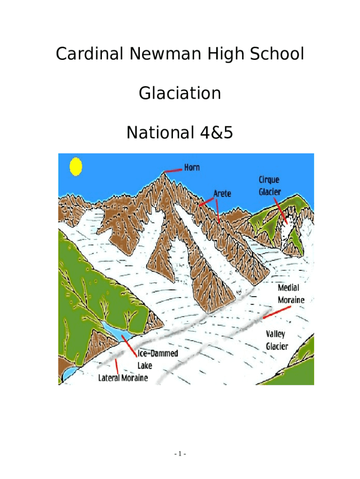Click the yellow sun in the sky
[75, 167]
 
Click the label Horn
[192, 167]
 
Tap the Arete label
[222, 193]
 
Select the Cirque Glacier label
[270, 186]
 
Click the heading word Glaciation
[180, 94]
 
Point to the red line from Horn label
[174, 170]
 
